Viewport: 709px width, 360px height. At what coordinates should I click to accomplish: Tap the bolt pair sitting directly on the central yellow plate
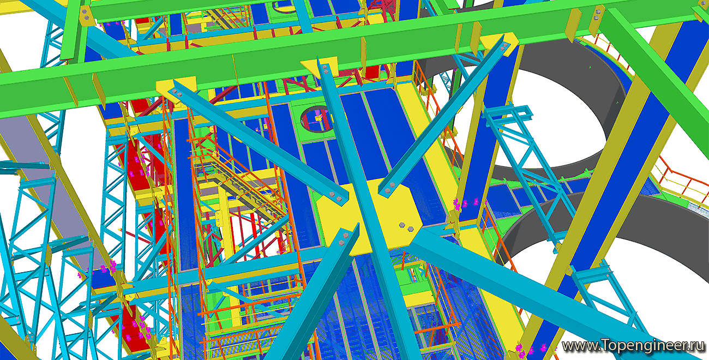(x=406, y=227)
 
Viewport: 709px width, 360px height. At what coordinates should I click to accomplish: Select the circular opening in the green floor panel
(x=316, y=119)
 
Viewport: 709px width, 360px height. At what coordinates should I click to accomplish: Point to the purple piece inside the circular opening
(x=318, y=118)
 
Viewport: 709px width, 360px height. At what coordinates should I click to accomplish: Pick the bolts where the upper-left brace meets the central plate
(x=335, y=196)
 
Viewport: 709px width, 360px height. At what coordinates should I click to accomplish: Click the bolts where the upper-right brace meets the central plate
(x=389, y=188)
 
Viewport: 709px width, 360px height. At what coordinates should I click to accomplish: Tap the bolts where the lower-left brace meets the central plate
(x=344, y=239)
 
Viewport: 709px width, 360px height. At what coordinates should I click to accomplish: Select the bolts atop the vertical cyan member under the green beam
(x=325, y=69)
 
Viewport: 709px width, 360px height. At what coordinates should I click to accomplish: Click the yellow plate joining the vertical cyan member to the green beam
(x=319, y=67)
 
